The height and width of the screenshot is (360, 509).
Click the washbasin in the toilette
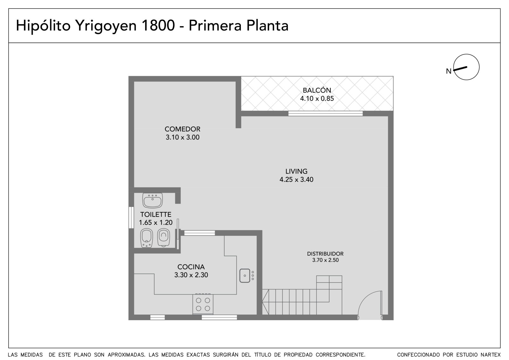pyautogui.click(x=152, y=200)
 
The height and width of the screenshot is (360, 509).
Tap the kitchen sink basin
pyautogui.click(x=245, y=276)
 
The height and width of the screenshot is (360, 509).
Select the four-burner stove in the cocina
pyautogui.click(x=203, y=304)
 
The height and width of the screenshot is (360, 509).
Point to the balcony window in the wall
pyautogui.click(x=325, y=114)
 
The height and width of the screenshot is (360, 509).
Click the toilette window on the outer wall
pyautogui.click(x=131, y=217)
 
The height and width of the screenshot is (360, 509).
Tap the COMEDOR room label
pyautogui.click(x=183, y=129)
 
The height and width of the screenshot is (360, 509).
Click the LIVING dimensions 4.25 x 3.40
pyautogui.click(x=296, y=180)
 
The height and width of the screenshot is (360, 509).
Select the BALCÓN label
pyautogui.click(x=317, y=90)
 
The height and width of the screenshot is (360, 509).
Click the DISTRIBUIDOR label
pyautogui.click(x=325, y=254)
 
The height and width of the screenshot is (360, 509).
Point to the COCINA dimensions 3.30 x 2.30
pyautogui.click(x=191, y=275)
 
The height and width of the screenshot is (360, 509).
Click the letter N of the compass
pyautogui.click(x=449, y=71)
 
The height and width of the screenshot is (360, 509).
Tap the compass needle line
pyautogui.click(x=460, y=69)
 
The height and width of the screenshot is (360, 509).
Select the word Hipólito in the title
pyautogui.click(x=43, y=25)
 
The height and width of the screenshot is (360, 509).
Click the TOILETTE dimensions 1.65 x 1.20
pyautogui.click(x=156, y=222)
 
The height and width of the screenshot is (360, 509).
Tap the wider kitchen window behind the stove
pyautogui.click(x=219, y=317)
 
